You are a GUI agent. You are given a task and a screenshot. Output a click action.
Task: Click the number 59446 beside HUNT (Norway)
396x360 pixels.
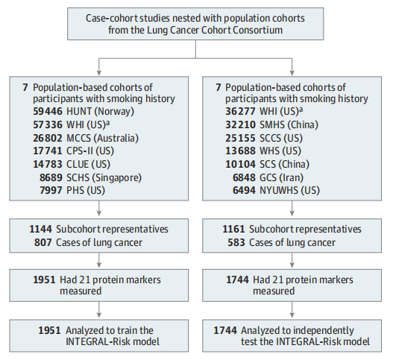48,111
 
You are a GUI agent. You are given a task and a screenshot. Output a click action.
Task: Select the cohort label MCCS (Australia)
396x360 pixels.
102,138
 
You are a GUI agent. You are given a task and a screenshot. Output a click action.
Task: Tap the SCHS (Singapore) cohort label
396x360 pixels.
104,177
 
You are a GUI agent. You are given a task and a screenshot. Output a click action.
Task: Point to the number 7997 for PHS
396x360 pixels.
51,190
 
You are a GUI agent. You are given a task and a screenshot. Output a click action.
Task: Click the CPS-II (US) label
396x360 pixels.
90,151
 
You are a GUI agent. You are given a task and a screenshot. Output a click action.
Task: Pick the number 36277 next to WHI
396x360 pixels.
240,111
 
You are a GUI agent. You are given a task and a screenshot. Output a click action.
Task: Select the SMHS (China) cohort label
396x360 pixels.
289,124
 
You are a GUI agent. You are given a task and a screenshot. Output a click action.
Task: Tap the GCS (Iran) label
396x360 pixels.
281,177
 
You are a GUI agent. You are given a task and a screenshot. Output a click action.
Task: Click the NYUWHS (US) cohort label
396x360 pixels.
289,190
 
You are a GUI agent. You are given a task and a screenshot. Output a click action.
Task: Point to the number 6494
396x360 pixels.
244,190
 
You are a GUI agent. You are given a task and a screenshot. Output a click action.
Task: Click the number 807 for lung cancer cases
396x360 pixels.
43,243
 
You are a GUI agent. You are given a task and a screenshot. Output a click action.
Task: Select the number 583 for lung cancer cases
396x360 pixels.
236,243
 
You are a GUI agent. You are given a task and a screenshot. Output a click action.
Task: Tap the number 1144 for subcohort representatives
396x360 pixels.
41,230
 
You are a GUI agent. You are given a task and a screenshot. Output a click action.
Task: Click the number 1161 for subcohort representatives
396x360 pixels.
233,230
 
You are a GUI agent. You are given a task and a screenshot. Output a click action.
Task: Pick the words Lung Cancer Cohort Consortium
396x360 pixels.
215,30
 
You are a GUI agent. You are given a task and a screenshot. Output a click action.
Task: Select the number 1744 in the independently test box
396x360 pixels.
225,330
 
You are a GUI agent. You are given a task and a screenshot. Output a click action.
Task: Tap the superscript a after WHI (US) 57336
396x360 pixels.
107,123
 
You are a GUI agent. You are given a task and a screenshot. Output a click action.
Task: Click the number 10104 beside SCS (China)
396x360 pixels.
240,164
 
